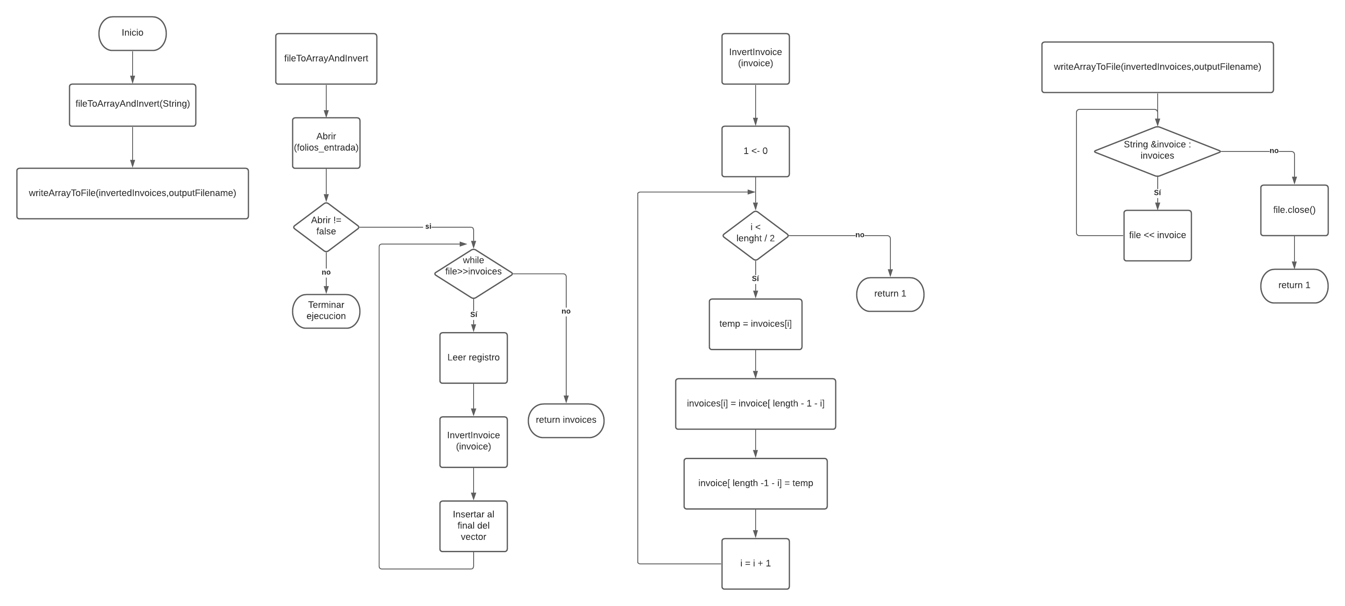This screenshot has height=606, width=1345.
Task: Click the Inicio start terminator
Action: pos(132,33)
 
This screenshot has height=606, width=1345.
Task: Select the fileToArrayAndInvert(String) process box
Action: pos(132,104)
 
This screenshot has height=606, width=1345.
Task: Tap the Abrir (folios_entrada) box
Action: pos(326,143)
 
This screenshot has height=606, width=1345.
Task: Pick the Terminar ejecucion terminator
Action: pos(326,311)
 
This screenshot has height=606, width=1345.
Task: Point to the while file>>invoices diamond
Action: pos(473,273)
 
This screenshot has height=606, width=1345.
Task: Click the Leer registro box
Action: pos(473,358)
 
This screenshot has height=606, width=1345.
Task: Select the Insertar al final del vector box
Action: pos(473,526)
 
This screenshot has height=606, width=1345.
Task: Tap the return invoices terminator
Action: pos(565,420)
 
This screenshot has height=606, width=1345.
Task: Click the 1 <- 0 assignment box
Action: pos(755,151)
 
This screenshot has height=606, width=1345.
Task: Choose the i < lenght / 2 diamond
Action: pos(755,235)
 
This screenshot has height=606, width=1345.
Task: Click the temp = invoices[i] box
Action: pos(755,324)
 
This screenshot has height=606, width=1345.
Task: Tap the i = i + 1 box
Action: pos(755,563)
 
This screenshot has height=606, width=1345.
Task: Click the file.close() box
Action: pos(1294,210)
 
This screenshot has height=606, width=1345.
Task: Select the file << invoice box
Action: pos(1157,235)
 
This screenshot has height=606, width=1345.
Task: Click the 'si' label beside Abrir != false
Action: pos(428,226)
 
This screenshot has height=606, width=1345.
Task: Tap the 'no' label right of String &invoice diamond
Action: pos(1274,151)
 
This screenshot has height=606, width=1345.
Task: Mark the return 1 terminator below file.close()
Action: pos(1294,285)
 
